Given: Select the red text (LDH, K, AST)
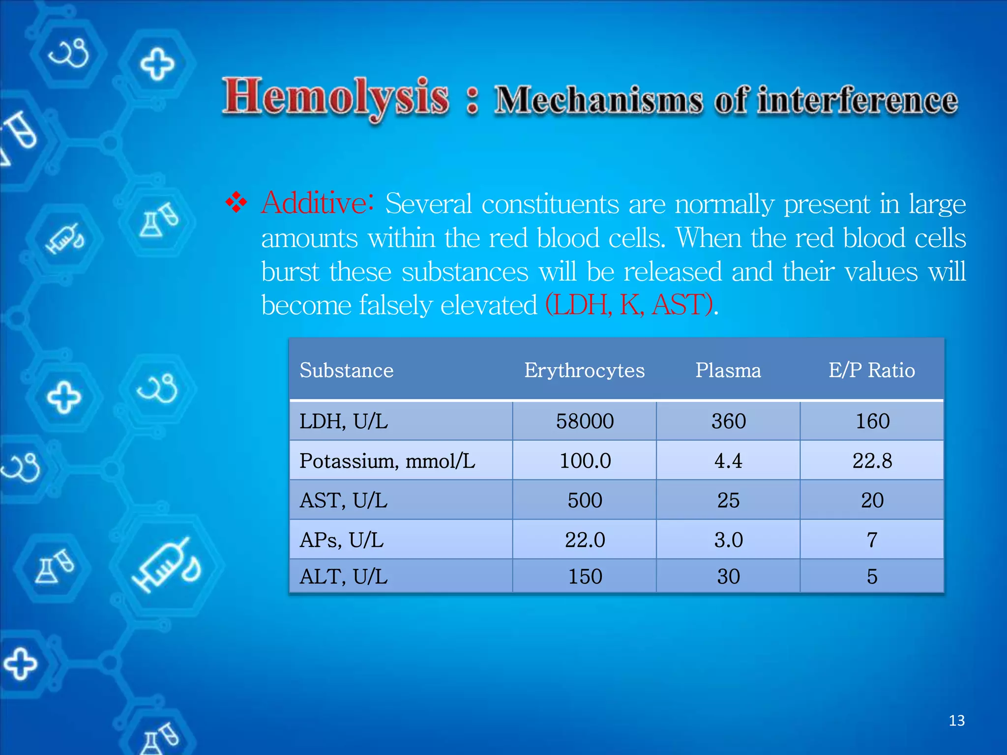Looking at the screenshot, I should tap(629, 305).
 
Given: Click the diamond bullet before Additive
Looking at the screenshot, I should tap(237, 203).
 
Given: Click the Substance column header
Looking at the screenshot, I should tap(347, 370).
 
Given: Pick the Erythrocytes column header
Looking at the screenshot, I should tap(584, 370).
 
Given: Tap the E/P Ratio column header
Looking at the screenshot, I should tap(871, 370).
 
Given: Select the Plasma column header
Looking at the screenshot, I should tap(728, 370).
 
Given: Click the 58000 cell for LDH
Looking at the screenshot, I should tap(585, 421).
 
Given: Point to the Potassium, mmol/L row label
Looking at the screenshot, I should tap(387, 461).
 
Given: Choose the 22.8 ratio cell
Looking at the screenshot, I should tap(872, 461).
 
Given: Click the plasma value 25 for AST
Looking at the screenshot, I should tap(728, 500).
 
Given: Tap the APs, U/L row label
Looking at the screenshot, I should tap(341, 540).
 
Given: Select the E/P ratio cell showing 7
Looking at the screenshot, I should tap(872, 540).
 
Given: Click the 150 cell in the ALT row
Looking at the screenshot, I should tap(585, 577).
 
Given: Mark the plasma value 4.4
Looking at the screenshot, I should tap(728, 461).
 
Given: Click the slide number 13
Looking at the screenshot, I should tap(956, 721).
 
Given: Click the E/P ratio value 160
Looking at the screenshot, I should tap(872, 421).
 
